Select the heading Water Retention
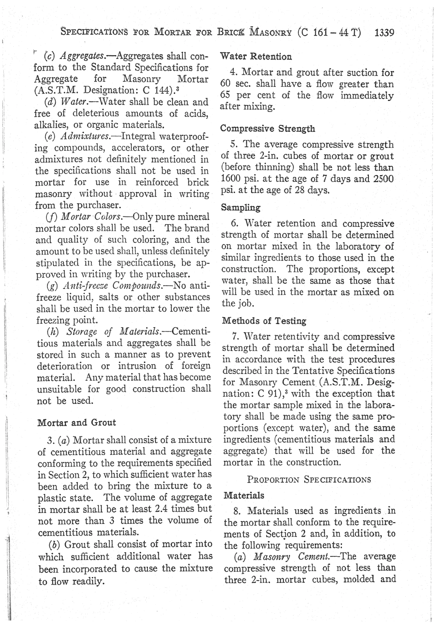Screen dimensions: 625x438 coord(256,57)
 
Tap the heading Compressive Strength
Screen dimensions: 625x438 coord(268,129)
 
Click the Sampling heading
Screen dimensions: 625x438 coord(241,207)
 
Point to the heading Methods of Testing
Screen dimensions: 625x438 coord(264,321)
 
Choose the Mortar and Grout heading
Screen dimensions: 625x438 coord(77,422)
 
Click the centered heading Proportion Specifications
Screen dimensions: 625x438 coord(309,479)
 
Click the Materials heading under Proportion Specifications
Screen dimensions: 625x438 coord(244,495)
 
